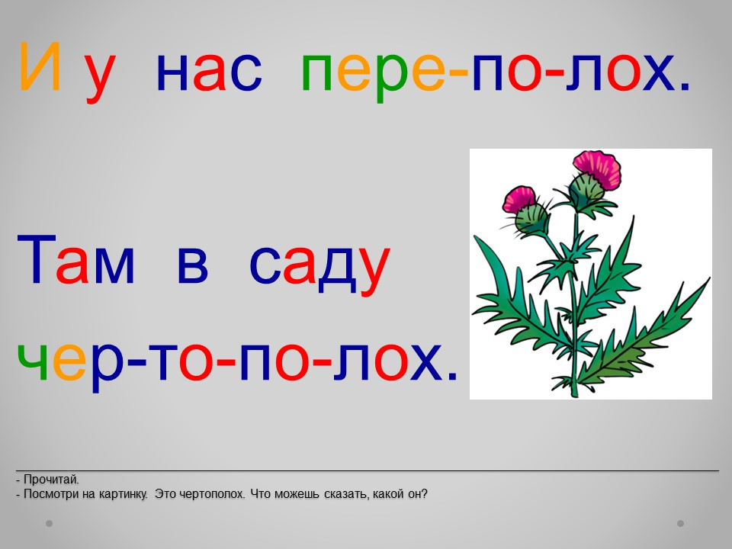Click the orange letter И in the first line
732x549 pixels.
40,67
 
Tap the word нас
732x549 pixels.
209,73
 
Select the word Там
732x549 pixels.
76,259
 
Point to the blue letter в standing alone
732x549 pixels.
192,265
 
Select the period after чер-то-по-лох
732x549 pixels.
452,375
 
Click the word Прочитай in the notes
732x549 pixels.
51,480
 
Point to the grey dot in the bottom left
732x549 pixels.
49,523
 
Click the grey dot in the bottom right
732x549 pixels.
680,523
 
